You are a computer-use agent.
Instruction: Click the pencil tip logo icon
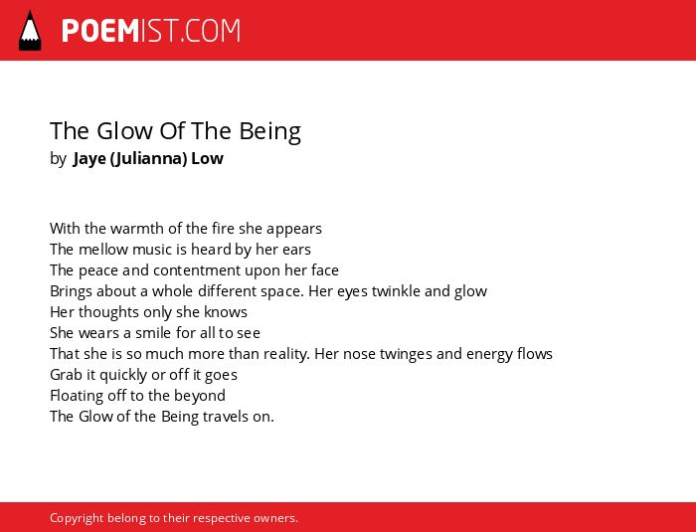pyautogui.click(x=30, y=31)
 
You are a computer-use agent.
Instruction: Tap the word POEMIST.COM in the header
pyautogui.click(x=151, y=31)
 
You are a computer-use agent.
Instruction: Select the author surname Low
pyautogui.click(x=207, y=158)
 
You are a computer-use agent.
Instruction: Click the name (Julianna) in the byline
pyautogui.click(x=148, y=159)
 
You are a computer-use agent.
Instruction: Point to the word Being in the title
pyautogui.click(x=269, y=131)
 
